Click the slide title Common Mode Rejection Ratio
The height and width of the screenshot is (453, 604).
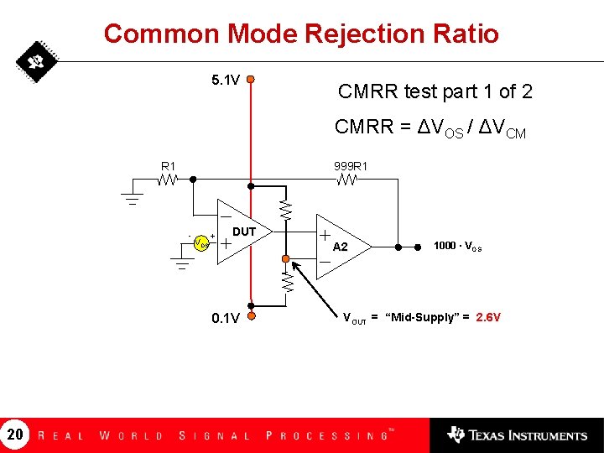pyautogui.click(x=301, y=34)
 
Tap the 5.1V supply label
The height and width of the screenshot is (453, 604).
pyautogui.click(x=226, y=81)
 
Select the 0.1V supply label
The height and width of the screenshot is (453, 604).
pyautogui.click(x=226, y=318)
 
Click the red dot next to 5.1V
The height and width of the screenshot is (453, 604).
pyautogui.click(x=250, y=81)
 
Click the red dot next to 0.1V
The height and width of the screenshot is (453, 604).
pyautogui.click(x=250, y=317)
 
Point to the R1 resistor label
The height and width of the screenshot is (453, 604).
pyautogui.click(x=169, y=165)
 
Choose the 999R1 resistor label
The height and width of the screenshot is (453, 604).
pyautogui.click(x=348, y=165)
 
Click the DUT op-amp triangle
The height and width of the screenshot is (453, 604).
pyautogui.click(x=239, y=232)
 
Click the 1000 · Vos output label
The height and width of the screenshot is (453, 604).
pyautogui.click(x=457, y=246)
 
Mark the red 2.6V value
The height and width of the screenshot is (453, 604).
pyautogui.click(x=488, y=317)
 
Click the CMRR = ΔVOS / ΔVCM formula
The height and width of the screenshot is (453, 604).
pyautogui.click(x=430, y=128)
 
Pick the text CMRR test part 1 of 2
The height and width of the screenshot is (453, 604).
pyautogui.click(x=435, y=91)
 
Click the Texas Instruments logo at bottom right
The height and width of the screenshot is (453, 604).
pyautogui.click(x=517, y=435)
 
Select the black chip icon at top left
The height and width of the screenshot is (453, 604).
pyautogui.click(x=35, y=61)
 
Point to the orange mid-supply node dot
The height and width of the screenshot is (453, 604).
pyautogui.click(x=286, y=258)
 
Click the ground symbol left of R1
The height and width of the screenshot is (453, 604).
pyautogui.click(x=132, y=199)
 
